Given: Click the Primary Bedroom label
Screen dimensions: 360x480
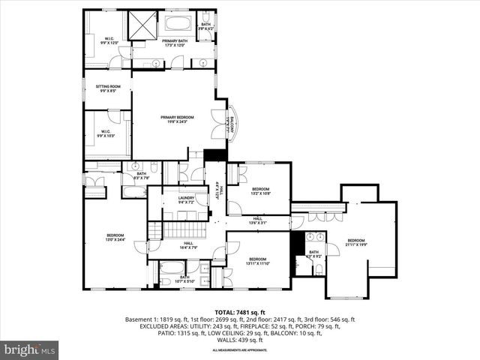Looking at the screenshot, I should [x=177, y=119].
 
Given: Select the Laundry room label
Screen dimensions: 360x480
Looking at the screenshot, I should [x=186, y=199].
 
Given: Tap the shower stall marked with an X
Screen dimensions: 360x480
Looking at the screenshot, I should [x=142, y=25].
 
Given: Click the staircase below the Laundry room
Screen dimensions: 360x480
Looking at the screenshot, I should [x=179, y=228].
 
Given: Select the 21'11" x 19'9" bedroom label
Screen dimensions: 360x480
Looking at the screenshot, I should [x=355, y=241].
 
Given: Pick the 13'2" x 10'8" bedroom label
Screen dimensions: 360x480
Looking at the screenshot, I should [x=260, y=190].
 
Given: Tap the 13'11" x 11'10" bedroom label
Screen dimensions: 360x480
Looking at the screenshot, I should [x=257, y=260].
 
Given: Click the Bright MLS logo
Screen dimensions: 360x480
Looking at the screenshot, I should [x=30, y=349].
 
